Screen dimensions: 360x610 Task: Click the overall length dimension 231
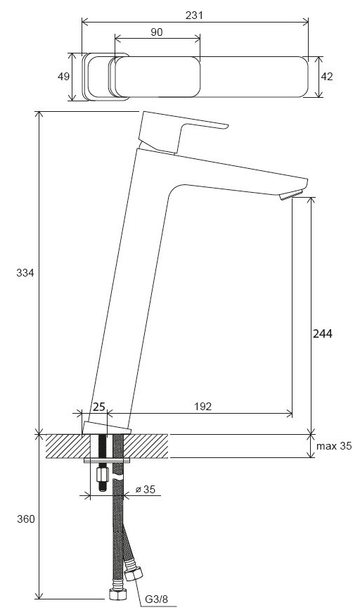tap(194, 15)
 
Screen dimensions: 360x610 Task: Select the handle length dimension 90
tap(156, 32)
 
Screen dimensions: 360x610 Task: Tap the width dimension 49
tap(64, 77)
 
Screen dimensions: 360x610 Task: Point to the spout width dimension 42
tap(327, 77)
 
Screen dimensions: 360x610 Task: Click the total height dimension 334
tap(25, 273)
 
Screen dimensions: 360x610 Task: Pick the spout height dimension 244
tap(323, 333)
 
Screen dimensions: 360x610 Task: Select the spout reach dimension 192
tap(203, 407)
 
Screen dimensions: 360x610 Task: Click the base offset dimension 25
tap(99, 407)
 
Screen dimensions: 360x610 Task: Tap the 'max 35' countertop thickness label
tap(334, 446)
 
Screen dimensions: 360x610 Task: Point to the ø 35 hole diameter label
tap(146, 490)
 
